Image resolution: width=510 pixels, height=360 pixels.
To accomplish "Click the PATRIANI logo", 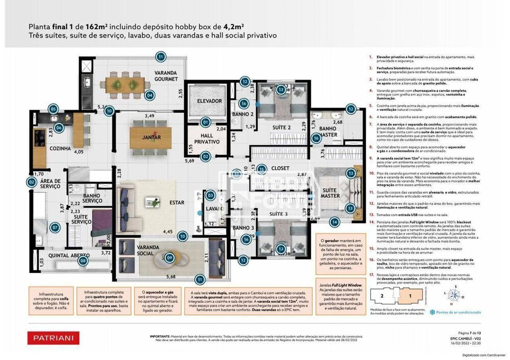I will [x=53, y=337].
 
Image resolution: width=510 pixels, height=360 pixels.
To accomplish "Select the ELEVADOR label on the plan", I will [x=210, y=101].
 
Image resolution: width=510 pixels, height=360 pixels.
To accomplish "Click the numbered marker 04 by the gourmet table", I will [x=149, y=95].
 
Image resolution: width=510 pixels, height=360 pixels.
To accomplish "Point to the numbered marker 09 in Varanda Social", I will [x=170, y=258].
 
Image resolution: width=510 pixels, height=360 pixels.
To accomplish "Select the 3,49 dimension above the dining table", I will [x=149, y=116].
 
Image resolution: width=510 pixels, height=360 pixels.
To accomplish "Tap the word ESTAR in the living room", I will [x=176, y=202].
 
